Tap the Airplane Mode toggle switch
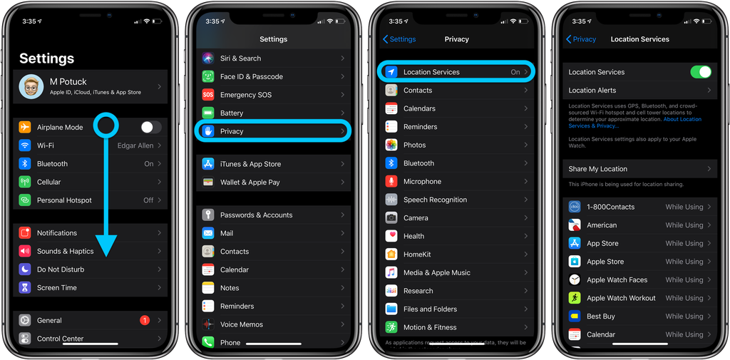pyautogui.click(x=150, y=128)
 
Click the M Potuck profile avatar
pyautogui.click(x=31, y=87)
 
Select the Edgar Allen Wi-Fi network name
pyautogui.click(x=135, y=145)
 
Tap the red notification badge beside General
pyautogui.click(x=145, y=321)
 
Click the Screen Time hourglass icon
pyautogui.click(x=25, y=288)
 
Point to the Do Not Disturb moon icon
pyautogui.click(x=25, y=269)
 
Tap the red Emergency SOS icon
pyautogui.click(x=208, y=95)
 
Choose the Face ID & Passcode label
pyautogui.click(x=251, y=77)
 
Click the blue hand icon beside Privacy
pyautogui.click(x=208, y=131)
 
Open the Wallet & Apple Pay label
pyautogui.click(x=250, y=182)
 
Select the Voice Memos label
pyautogui.click(x=241, y=324)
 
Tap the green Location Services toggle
pyautogui.click(x=701, y=72)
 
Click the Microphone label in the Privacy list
pyautogui.click(x=422, y=182)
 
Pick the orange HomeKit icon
pyautogui.click(x=391, y=254)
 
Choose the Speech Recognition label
pyautogui.click(x=435, y=200)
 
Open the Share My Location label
pyautogui.click(x=597, y=169)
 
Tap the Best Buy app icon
pyautogui.click(x=575, y=317)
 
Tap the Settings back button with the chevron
pyautogui.click(x=399, y=39)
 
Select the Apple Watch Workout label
pyautogui.click(x=621, y=298)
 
